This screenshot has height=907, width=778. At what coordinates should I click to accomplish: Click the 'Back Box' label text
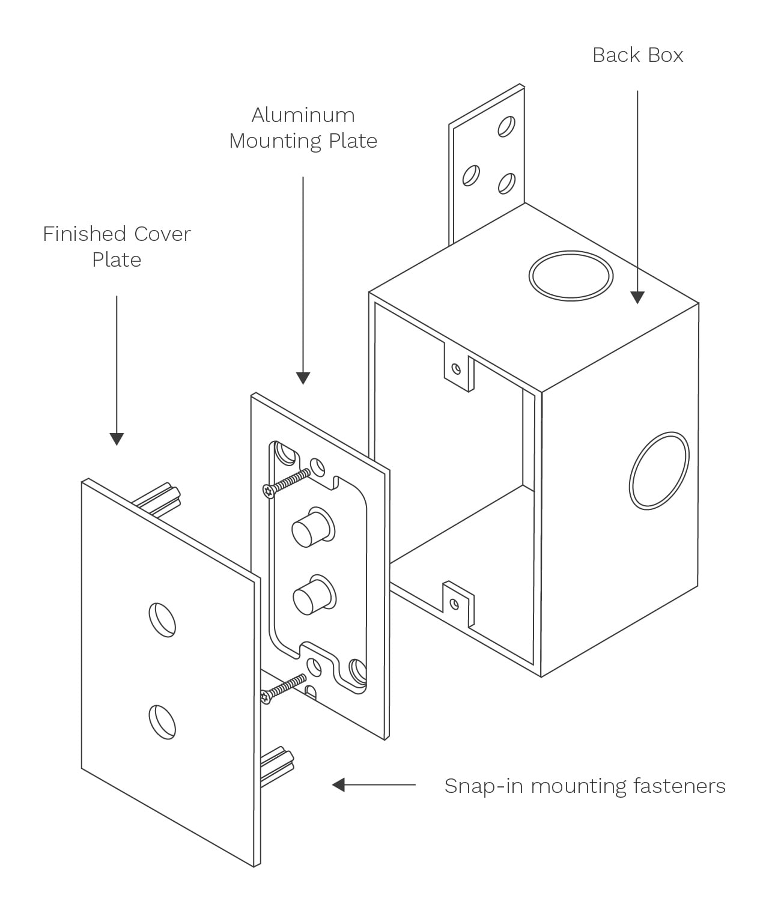pos(637,55)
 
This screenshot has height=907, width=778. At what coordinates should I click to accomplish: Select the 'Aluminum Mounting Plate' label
pos(303,128)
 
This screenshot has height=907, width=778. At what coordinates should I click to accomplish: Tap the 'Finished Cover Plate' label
pos(117,246)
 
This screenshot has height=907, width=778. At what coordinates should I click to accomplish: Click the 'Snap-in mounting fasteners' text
pos(585,786)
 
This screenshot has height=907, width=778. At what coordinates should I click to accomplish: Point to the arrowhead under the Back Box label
pos(637,297)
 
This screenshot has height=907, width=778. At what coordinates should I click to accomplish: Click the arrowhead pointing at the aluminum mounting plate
pos(303,378)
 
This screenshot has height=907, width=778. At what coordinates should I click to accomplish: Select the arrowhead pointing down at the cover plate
pos(117,438)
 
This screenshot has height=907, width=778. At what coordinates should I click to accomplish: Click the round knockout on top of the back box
pos(571,275)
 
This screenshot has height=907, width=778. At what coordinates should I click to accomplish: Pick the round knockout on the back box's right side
pos(658,470)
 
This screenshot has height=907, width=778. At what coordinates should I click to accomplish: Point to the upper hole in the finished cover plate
pos(162,619)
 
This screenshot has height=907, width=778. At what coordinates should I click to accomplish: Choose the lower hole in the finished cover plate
pos(162,721)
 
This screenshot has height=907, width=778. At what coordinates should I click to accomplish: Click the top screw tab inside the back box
pos(458,366)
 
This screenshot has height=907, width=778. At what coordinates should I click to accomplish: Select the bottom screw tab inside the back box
pos(457,603)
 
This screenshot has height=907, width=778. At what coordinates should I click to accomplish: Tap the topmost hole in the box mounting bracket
pos(506,127)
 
